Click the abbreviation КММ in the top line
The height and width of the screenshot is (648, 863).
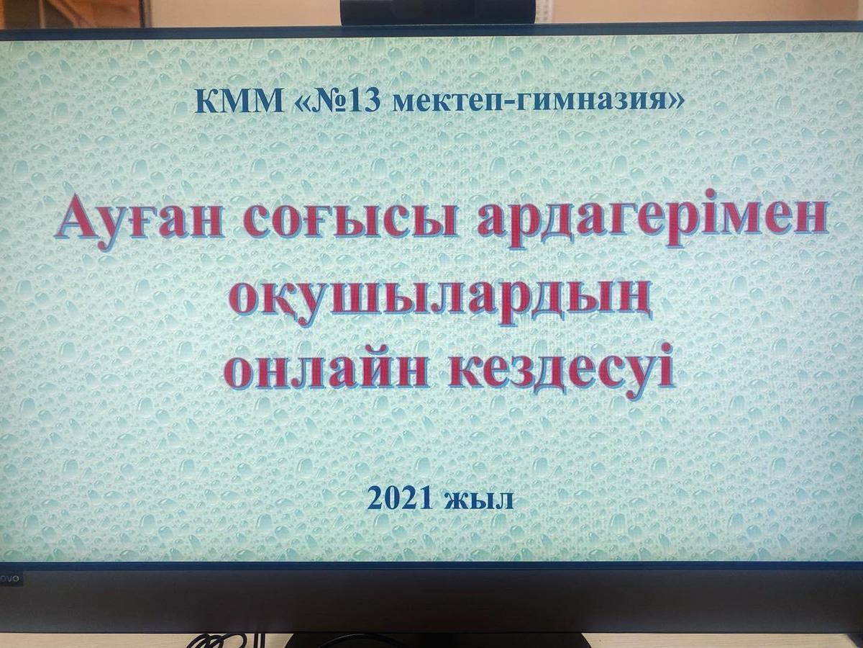(x=239, y=102)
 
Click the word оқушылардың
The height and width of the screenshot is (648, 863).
(x=440, y=299)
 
